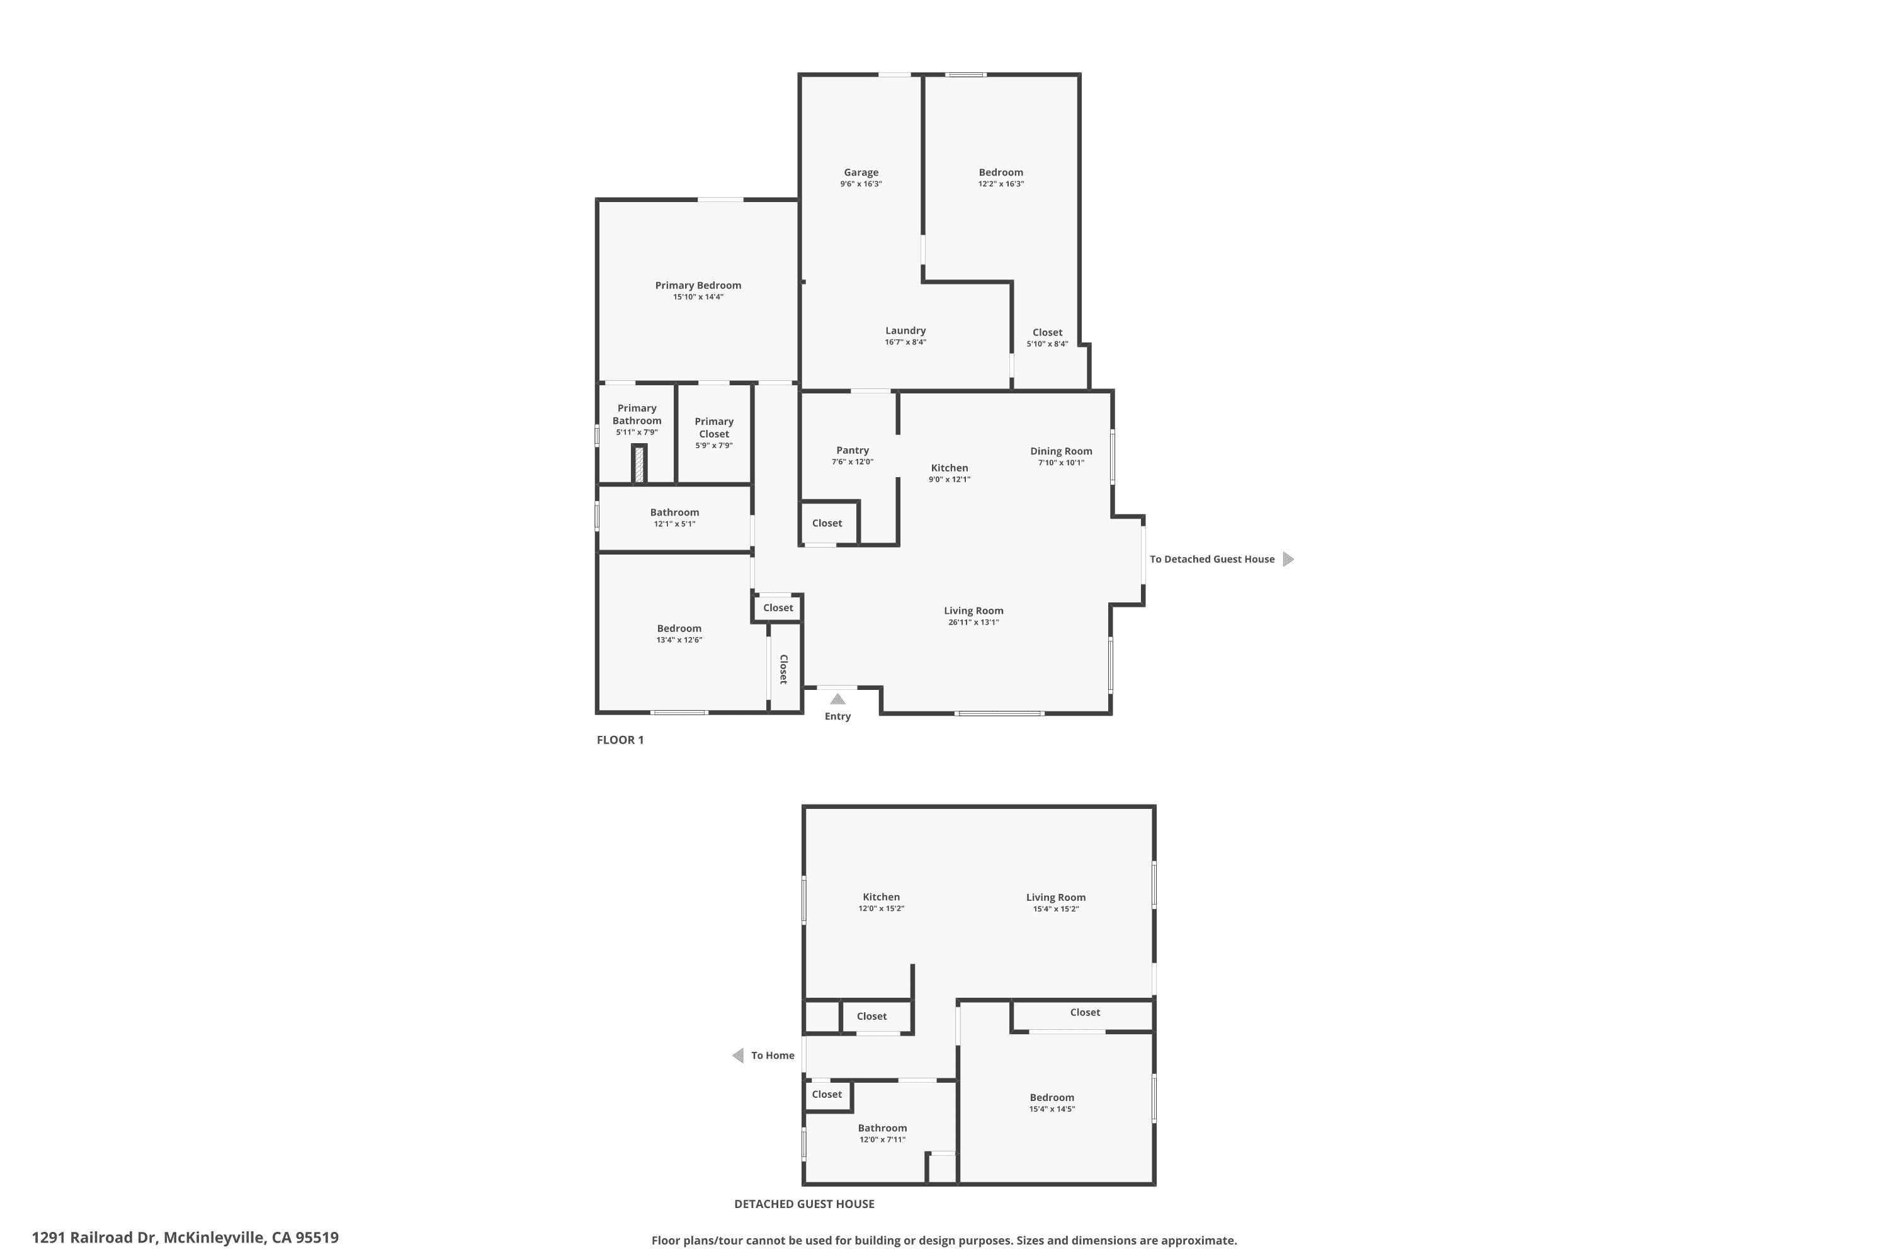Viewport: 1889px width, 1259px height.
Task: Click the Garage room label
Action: click(861, 172)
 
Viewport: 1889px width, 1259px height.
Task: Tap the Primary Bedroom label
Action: click(698, 285)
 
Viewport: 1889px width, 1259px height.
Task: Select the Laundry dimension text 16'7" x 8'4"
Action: click(905, 342)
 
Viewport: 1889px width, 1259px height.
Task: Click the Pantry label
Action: click(852, 451)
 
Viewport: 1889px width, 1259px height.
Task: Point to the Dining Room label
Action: click(1061, 451)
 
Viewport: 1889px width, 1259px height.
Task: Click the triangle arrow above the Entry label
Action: click(837, 699)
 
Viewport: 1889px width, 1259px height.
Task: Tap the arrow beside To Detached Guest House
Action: click(1288, 559)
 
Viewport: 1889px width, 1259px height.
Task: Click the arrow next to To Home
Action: click(738, 1055)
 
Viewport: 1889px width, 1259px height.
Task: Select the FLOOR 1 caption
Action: click(620, 740)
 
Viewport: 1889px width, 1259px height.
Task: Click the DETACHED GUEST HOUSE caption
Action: click(804, 1204)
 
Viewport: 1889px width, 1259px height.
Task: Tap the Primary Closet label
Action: click(714, 427)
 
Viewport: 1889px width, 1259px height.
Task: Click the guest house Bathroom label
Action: click(882, 1128)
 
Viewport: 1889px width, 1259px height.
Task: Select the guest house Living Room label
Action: click(1055, 898)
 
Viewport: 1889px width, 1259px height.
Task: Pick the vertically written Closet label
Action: click(784, 669)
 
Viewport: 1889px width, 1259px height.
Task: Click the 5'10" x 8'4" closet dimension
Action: click(1047, 344)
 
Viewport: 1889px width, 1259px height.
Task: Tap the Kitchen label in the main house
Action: click(950, 468)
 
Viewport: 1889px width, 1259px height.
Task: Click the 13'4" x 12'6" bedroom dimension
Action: click(679, 640)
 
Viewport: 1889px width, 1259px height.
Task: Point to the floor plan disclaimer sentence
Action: click(944, 1241)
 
